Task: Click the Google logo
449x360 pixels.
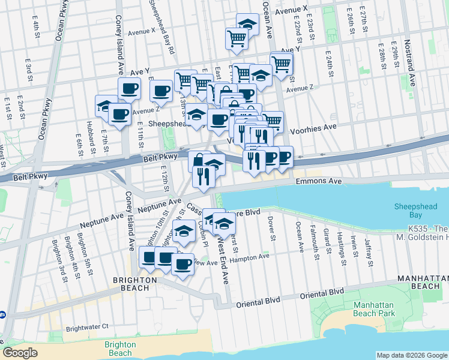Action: (21, 353)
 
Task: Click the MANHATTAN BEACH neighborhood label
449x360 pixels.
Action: (423, 284)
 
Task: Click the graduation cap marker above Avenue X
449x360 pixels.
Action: (247, 23)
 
